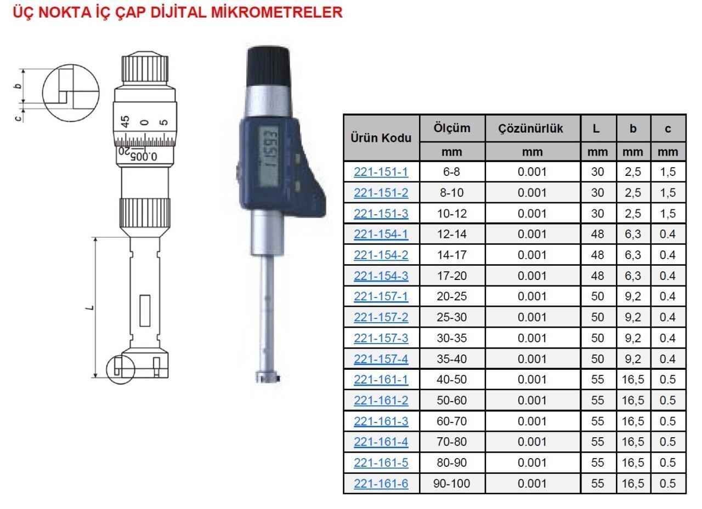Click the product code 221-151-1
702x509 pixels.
point(381,172)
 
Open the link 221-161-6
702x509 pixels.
point(381,484)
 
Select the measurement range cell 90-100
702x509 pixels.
point(451,484)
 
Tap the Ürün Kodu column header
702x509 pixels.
point(381,138)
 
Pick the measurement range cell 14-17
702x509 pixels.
point(451,255)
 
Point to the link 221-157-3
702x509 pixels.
point(381,339)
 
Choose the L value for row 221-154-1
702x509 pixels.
point(597,234)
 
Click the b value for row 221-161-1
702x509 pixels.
point(633,380)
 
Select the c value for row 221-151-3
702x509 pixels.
point(668,214)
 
